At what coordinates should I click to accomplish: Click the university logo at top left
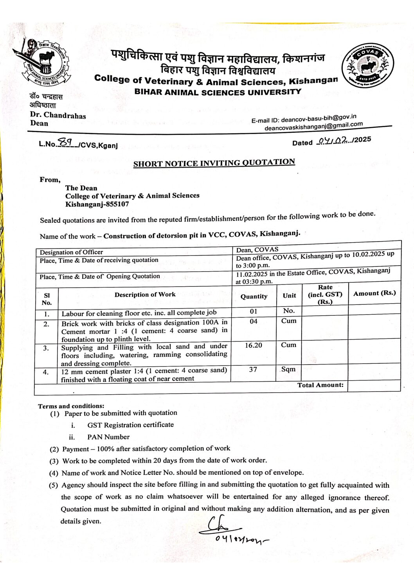pyautogui.click(x=41, y=62)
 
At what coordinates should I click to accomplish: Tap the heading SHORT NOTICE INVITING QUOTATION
pyautogui.click(x=214, y=163)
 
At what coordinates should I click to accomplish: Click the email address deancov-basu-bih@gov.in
pyautogui.click(x=319, y=118)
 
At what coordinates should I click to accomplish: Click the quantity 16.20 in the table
pyautogui.click(x=254, y=345)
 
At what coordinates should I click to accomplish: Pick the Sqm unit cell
pyautogui.click(x=288, y=369)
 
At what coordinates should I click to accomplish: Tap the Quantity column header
pyautogui.click(x=254, y=297)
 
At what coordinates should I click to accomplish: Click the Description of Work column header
pyautogui.click(x=145, y=295)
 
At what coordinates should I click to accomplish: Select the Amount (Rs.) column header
pyautogui.click(x=374, y=293)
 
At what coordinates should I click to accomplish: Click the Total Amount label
pyautogui.click(x=320, y=385)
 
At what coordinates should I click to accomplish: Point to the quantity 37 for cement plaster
pyautogui.click(x=253, y=369)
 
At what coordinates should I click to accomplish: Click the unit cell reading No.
pyautogui.click(x=289, y=311)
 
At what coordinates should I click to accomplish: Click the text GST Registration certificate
pyautogui.click(x=130, y=425)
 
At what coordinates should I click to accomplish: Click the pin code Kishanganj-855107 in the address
pyautogui.click(x=97, y=204)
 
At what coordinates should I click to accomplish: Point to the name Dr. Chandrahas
pyautogui.click(x=58, y=115)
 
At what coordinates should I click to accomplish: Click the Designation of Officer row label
pyautogui.click(x=71, y=252)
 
